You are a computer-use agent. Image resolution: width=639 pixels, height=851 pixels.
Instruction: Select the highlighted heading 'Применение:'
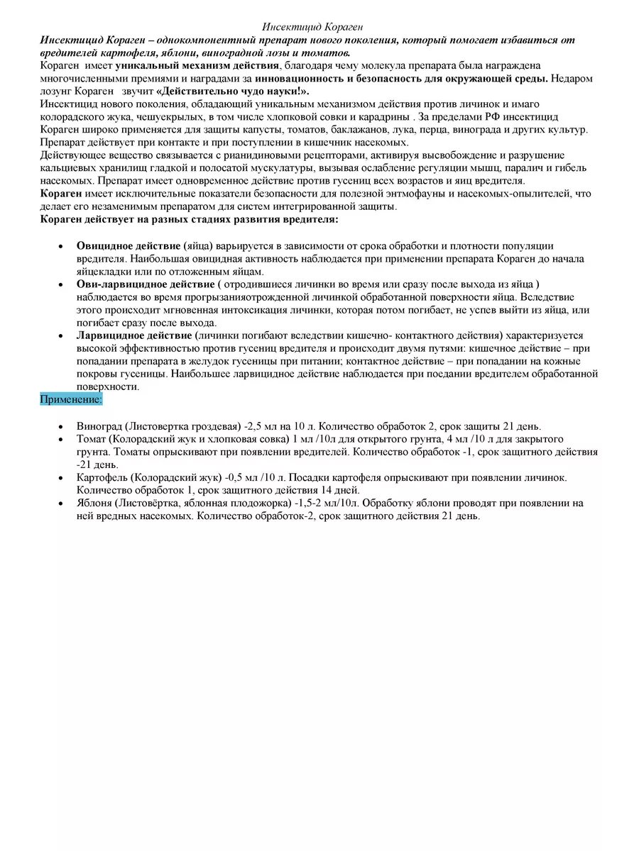pos(71,400)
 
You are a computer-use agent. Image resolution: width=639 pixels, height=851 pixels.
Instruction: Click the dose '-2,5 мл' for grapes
pos(261,426)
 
